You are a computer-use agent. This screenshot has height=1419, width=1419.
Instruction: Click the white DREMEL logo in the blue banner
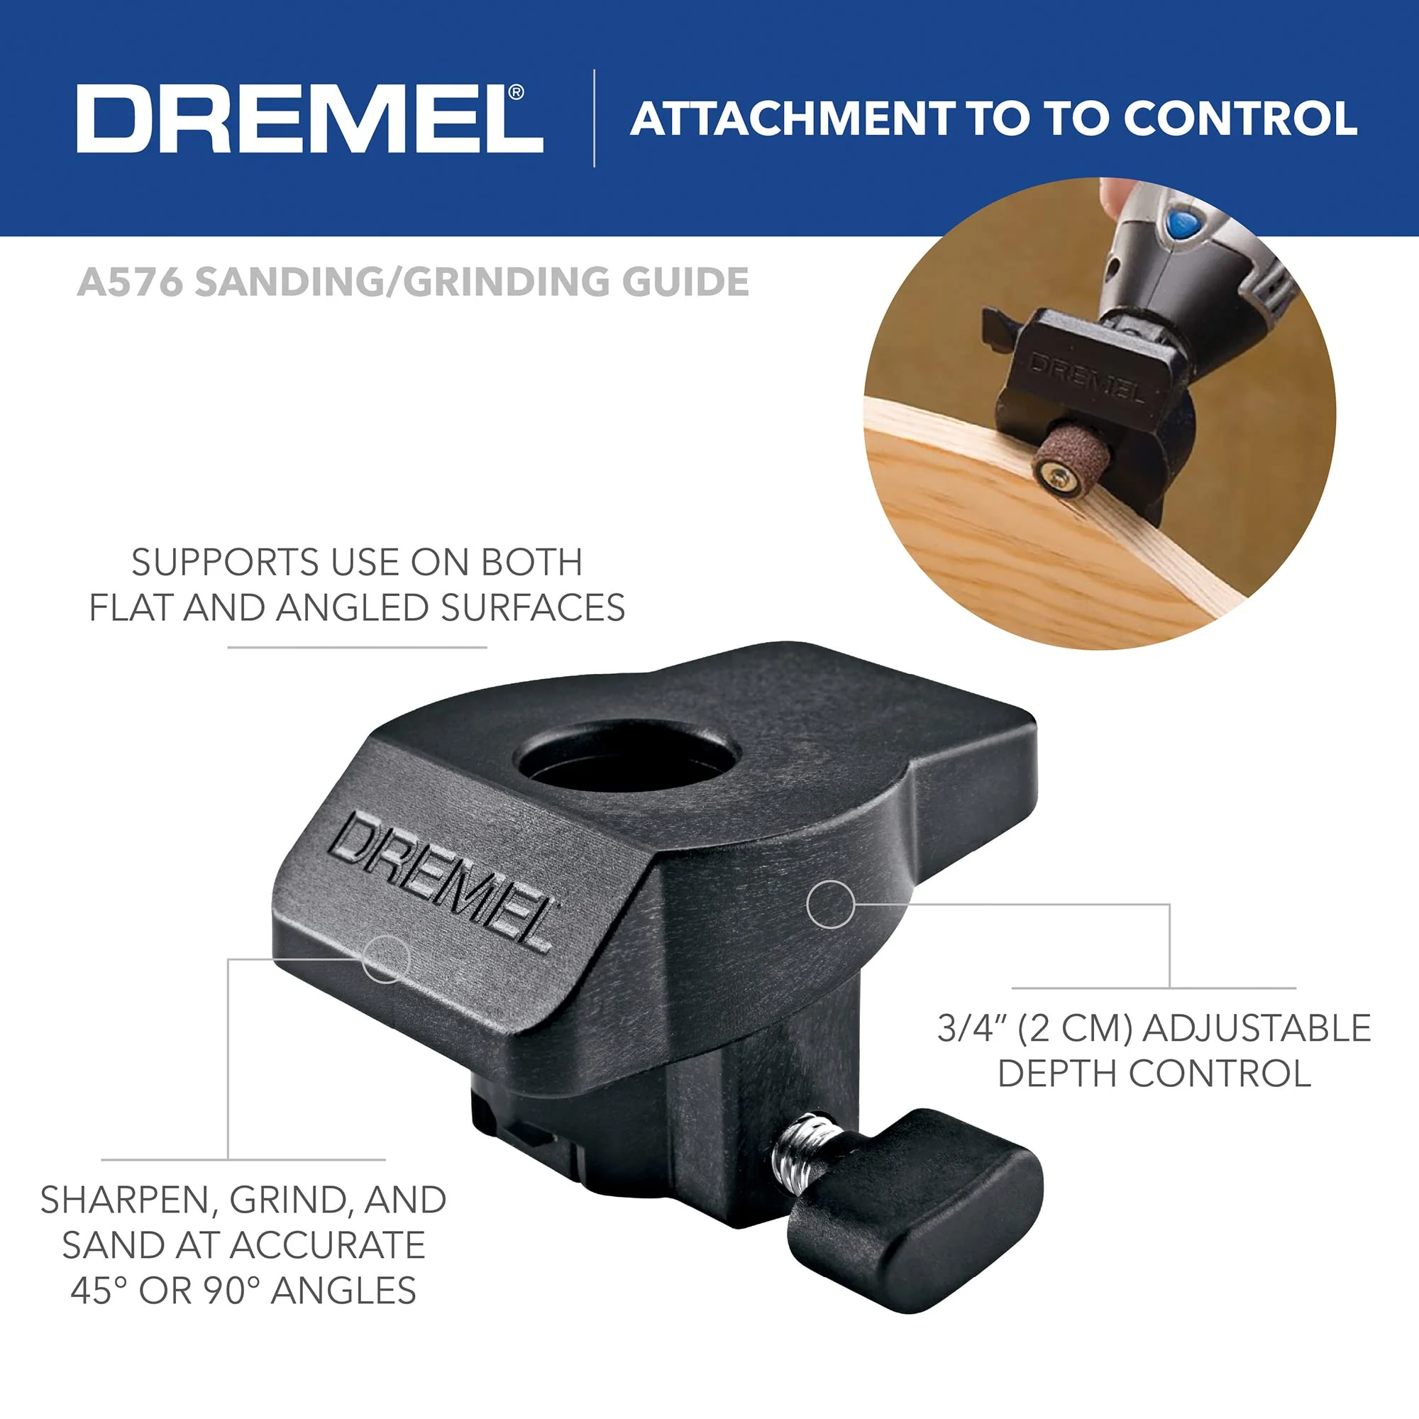coord(309,119)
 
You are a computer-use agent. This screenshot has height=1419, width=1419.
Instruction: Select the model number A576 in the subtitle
coord(129,282)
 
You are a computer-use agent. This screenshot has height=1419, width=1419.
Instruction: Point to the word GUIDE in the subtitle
coord(685,282)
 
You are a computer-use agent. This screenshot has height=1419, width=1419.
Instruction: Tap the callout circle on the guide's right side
coord(830,904)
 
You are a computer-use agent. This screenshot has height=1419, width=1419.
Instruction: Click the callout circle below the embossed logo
coord(385,959)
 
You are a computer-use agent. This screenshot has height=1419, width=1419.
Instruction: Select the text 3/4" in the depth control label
coord(972,1029)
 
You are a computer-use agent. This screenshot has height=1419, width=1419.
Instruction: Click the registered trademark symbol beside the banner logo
coord(517,92)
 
